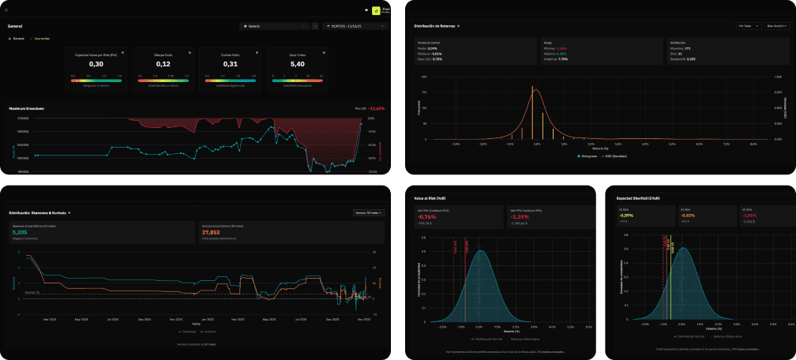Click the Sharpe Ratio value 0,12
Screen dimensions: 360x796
[x=163, y=64]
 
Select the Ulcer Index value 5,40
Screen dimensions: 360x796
[x=298, y=64]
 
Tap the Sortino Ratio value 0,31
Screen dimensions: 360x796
[x=231, y=64]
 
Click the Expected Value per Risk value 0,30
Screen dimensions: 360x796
[x=96, y=64]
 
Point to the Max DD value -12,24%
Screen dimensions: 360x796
[x=377, y=108]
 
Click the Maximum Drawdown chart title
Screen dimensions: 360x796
[x=26, y=108]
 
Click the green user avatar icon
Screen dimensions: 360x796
[x=376, y=11]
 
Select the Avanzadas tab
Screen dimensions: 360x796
[x=40, y=38]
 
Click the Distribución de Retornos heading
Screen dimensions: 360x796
[x=434, y=26]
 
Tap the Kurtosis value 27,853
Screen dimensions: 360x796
[x=211, y=233]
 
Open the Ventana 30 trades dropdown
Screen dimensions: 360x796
[x=369, y=212]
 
